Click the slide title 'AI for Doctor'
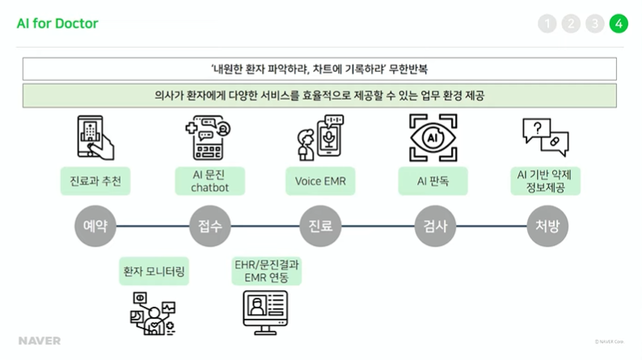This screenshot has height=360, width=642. (x=57, y=23)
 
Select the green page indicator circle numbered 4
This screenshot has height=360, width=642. (x=619, y=23)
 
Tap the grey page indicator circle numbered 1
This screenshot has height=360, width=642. (x=547, y=23)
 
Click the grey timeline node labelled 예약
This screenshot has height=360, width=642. (x=91, y=226)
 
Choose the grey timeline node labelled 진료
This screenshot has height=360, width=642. (x=316, y=226)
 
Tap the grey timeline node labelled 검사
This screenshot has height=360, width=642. (x=431, y=226)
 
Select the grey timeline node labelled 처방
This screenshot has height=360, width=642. (x=543, y=226)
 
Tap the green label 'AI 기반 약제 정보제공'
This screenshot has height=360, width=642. (x=543, y=181)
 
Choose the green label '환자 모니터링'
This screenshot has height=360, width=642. (x=154, y=272)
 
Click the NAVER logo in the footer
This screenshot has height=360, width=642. (x=40, y=341)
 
